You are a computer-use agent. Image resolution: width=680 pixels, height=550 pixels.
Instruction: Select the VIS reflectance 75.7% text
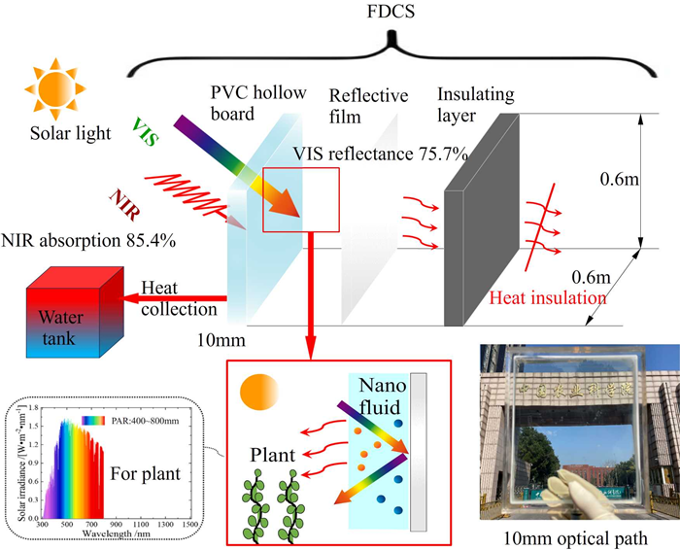[389, 154]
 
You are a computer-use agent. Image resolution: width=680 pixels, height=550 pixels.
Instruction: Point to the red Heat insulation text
[541, 297]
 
